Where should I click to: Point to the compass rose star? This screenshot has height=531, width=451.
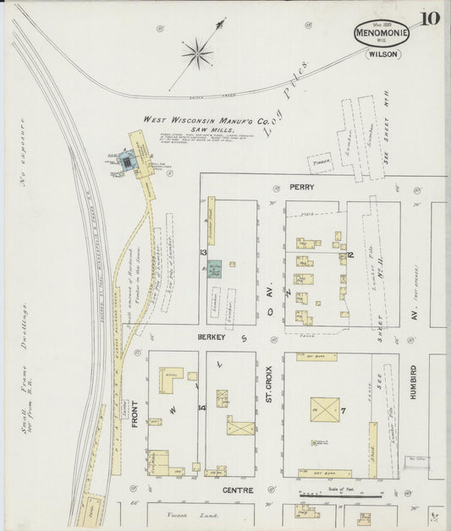coord(196,54)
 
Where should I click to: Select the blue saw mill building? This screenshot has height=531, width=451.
coord(128,161)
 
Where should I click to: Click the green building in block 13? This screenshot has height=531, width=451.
coord(216,270)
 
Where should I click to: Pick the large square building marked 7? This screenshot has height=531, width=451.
coord(326,413)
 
